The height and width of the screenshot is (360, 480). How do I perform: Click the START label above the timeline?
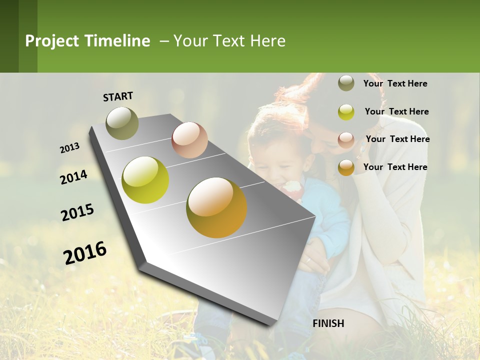[118, 96]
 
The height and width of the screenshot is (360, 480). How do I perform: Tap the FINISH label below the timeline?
[328, 323]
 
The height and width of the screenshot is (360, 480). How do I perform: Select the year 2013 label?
[70, 148]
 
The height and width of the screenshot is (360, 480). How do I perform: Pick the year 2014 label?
[73, 177]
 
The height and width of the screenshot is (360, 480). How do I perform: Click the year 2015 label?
[77, 212]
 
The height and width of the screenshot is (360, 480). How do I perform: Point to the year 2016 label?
[85, 253]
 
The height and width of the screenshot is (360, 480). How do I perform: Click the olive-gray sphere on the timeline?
[122, 123]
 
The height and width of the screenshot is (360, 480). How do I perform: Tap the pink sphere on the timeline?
[189, 140]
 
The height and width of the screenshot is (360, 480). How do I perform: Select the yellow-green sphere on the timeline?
[145, 180]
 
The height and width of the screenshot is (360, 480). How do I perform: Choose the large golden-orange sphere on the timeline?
[216, 207]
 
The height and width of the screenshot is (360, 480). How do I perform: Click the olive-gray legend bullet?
[346, 83]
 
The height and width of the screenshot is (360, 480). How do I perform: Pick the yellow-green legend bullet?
[346, 111]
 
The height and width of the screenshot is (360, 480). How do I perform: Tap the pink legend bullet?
[346, 139]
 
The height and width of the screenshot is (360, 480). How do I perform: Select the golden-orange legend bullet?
[346, 167]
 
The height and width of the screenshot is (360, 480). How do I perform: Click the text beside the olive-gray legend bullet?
[395, 83]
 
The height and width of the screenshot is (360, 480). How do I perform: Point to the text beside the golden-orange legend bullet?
[395, 167]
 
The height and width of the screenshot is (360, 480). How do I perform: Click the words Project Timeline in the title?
[87, 41]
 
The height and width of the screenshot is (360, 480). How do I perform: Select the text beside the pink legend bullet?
[397, 139]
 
